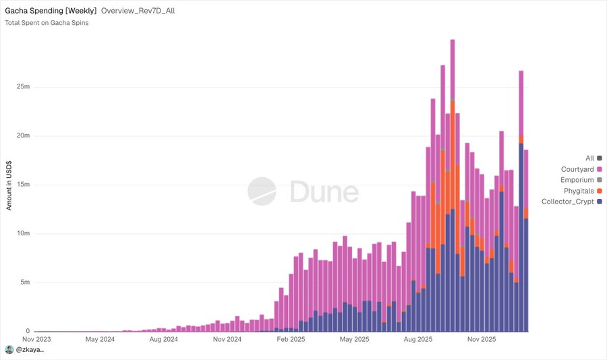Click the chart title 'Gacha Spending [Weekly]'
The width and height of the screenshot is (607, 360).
[x=51, y=11]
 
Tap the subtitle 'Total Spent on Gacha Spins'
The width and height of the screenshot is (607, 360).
[x=47, y=23]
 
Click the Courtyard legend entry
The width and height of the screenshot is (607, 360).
[x=581, y=169]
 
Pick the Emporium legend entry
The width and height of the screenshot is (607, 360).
[x=581, y=180]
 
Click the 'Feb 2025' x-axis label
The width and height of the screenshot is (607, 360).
[x=292, y=339]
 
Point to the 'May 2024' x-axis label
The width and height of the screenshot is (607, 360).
[x=100, y=339]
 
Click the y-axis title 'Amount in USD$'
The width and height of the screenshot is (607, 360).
[x=9, y=185]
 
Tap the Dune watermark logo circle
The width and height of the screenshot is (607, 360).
[x=262, y=191]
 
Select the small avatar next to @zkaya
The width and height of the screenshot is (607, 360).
[x=9, y=350]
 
